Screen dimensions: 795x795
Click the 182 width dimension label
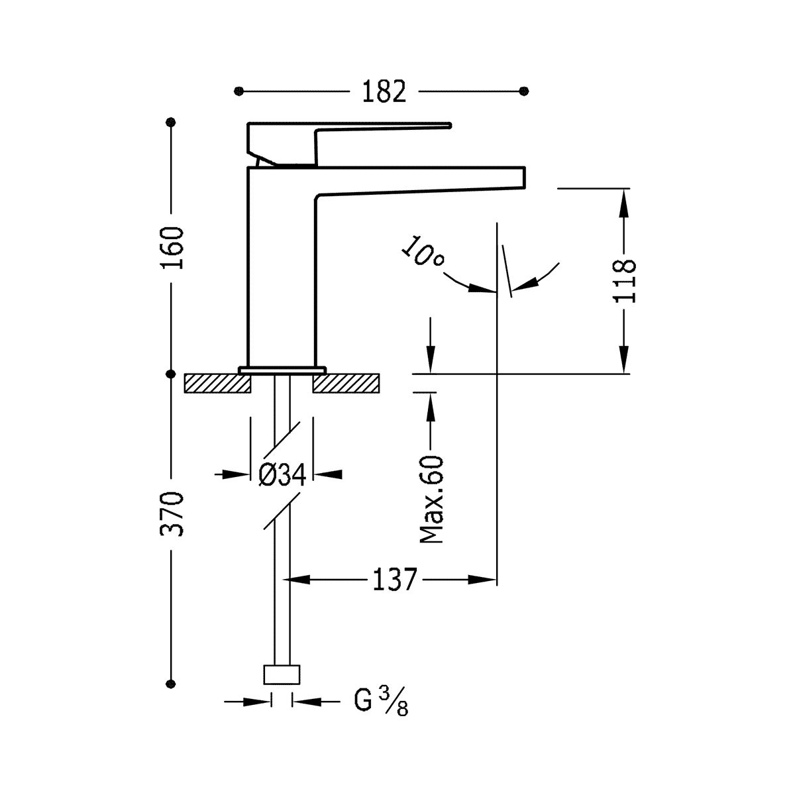(384, 91)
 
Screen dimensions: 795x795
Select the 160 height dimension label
(172, 246)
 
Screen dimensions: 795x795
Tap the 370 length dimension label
(172, 513)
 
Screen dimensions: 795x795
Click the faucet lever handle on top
(371, 125)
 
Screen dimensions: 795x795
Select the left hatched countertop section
(217, 383)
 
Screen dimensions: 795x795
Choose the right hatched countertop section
(346, 383)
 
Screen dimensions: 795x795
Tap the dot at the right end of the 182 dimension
(525, 91)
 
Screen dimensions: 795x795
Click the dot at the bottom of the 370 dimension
(172, 683)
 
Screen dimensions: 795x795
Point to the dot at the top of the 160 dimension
(172, 123)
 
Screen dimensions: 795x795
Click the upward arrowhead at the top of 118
(625, 199)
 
